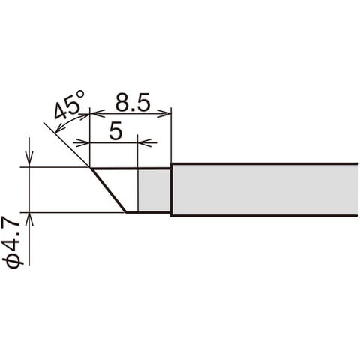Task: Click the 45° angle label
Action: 69,105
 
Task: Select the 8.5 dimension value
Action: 133,102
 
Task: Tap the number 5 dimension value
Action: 116,131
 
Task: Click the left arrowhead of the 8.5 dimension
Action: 97,113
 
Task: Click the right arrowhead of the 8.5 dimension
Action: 163,113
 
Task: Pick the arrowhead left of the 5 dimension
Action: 82,143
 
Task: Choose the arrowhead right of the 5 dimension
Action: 145,143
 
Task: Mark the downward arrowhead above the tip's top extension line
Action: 29,159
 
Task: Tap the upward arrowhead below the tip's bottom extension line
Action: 29,220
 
